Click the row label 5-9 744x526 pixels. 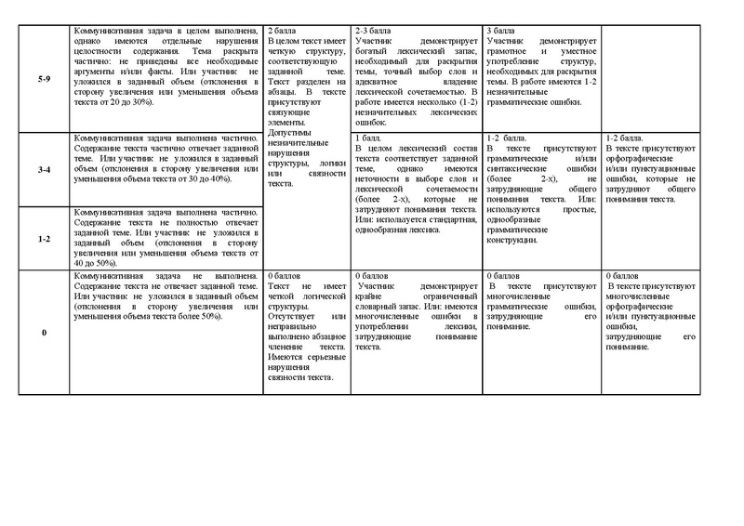click(43, 80)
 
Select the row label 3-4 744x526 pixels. click(43, 171)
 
